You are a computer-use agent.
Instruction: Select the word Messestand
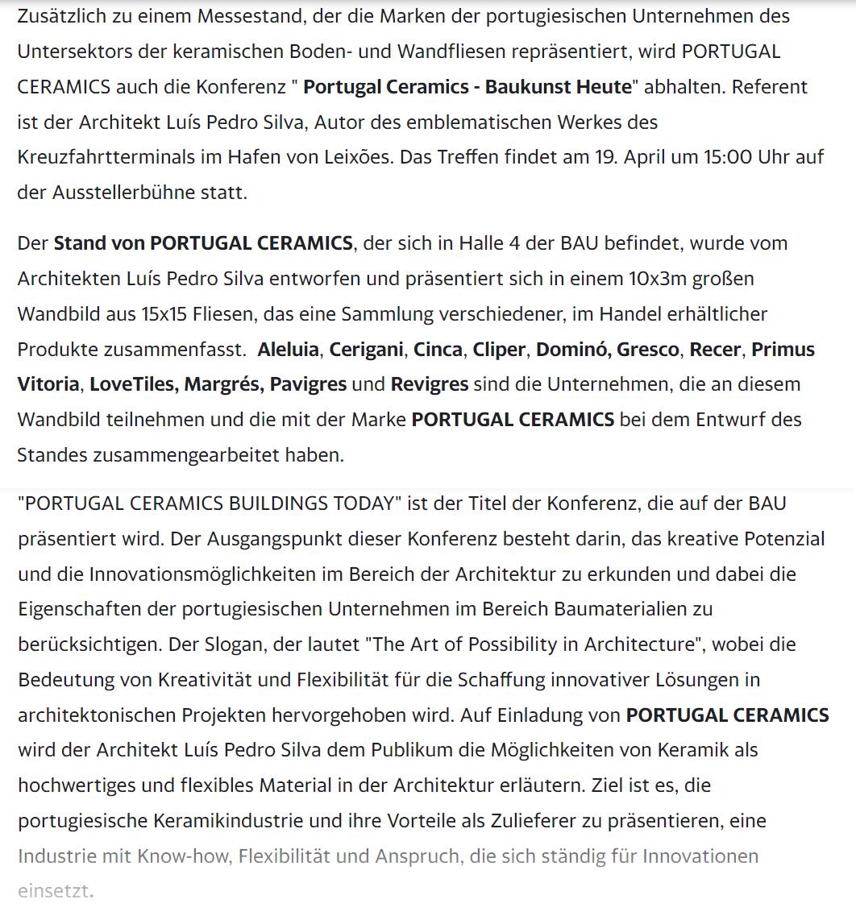[215, 16]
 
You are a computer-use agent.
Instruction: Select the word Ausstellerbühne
[127, 193]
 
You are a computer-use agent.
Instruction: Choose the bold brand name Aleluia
[289, 350]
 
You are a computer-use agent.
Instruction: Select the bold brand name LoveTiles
[133, 384]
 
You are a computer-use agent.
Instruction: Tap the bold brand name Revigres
[429, 384]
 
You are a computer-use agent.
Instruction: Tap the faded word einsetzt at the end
[52, 891]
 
